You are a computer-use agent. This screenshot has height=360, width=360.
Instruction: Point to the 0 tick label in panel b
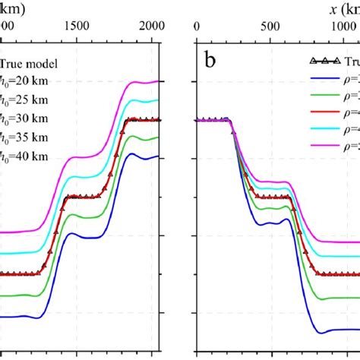tap(197, 25)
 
